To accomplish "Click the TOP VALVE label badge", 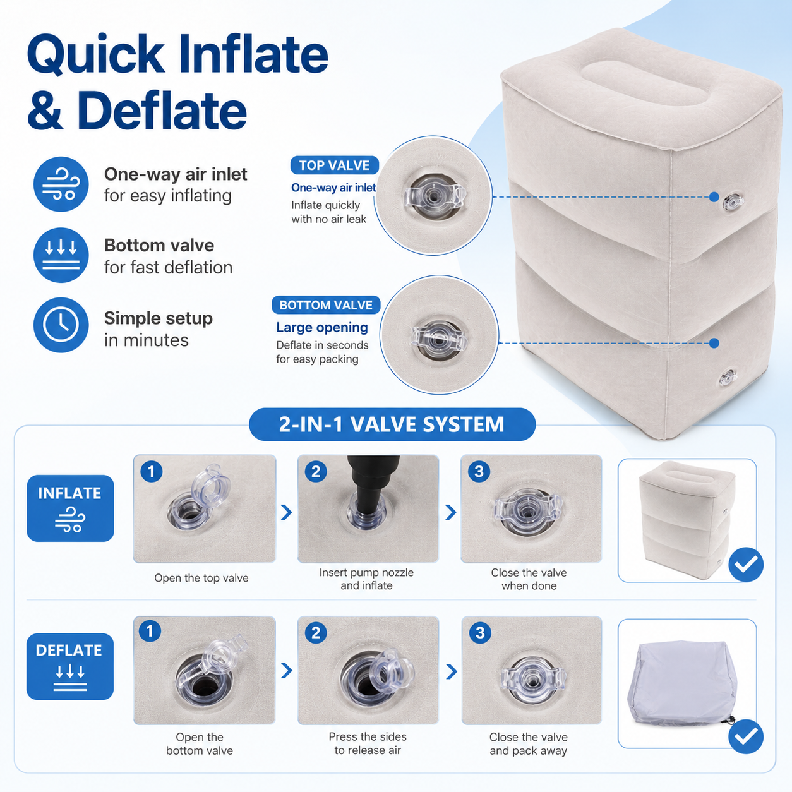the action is tap(334, 165).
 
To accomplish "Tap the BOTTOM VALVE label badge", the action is tap(326, 305).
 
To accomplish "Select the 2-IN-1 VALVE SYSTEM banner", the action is tap(392, 424).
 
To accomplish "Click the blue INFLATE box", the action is tap(70, 508).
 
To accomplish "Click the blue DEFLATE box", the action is tap(70, 666).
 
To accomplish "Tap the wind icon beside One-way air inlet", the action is tap(61, 184).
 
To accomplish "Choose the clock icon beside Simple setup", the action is tap(61, 325).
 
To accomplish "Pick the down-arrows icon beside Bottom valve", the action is tap(61, 255).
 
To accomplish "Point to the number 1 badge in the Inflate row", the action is tap(152, 471).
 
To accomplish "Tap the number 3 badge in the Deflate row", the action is tap(480, 633).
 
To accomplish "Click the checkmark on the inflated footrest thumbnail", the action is tap(746, 564).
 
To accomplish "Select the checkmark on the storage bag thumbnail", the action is tap(746, 736).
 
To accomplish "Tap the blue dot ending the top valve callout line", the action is tap(714, 197).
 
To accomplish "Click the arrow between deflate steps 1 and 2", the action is tap(287, 670).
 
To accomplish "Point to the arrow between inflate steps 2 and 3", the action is tap(451, 512).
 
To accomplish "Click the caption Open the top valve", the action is tap(201, 578).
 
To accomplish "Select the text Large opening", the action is tap(322, 327).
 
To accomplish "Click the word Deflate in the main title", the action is tap(162, 110).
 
